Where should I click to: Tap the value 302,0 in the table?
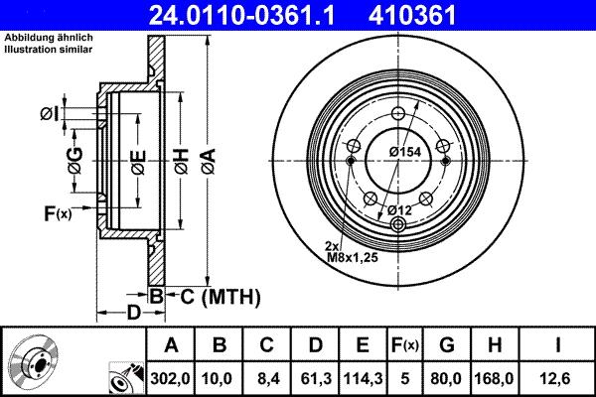[170, 377]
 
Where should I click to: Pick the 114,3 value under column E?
[361, 377]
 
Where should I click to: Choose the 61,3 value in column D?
[313, 377]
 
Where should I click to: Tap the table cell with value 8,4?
[265, 377]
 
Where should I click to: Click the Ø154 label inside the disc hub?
[407, 151]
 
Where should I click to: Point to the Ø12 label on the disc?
[400, 208]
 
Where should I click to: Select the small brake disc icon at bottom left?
[30, 365]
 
